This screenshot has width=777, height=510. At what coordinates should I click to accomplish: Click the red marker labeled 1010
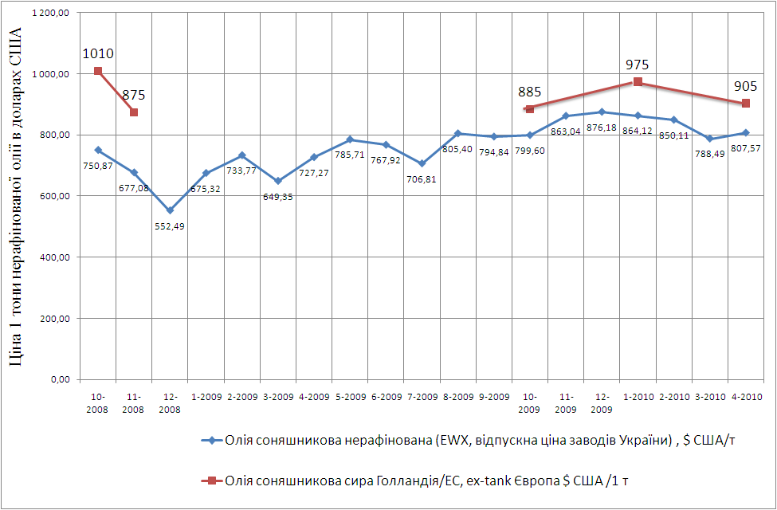(x=98, y=71)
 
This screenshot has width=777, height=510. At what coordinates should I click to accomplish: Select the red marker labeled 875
(x=134, y=112)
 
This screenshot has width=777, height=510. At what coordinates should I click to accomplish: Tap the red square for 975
(x=638, y=82)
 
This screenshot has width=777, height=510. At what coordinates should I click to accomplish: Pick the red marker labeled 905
(x=746, y=104)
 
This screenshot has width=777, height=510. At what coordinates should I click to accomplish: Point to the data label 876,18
(x=601, y=127)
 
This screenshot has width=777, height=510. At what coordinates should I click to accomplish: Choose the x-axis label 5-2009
(x=350, y=396)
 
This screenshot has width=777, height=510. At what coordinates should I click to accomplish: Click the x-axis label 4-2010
(x=746, y=396)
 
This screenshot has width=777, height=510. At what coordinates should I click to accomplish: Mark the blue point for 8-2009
(x=457, y=133)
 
